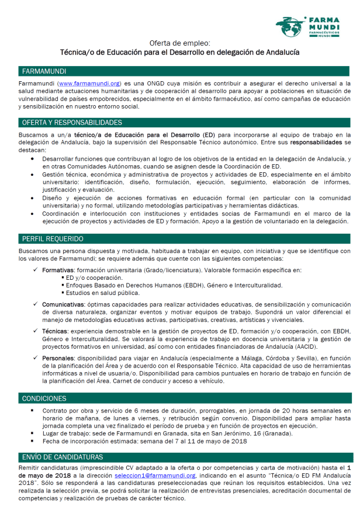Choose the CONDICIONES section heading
coord(44,398)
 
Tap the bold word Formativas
coord(58,270)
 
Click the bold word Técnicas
coord(54,331)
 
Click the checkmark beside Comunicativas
coord(37,304)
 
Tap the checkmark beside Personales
coord(37,358)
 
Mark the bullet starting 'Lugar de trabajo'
coord(33,433)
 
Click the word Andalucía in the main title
coord(279,52)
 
